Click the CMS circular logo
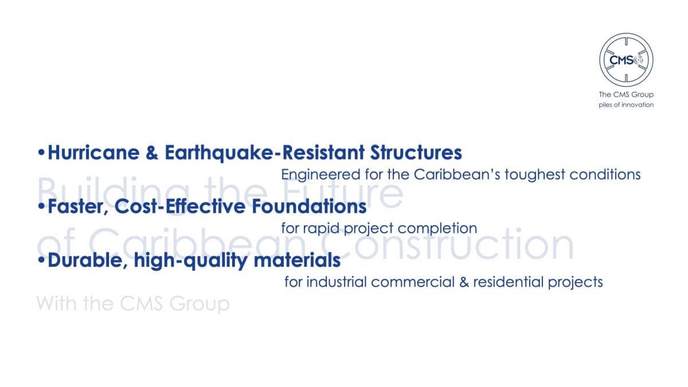(x=626, y=60)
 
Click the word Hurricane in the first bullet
(x=93, y=153)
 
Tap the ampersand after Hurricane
(x=152, y=153)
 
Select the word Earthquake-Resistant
(x=265, y=153)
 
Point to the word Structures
(x=416, y=153)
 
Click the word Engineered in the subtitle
(x=320, y=175)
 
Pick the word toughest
(x=535, y=175)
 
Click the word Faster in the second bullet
(x=78, y=207)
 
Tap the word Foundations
(x=309, y=206)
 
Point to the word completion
(x=437, y=229)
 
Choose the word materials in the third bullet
(x=297, y=260)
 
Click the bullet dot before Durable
(x=41, y=260)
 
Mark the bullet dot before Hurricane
(x=41, y=152)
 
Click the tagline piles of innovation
(x=626, y=105)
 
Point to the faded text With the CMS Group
(x=133, y=303)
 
